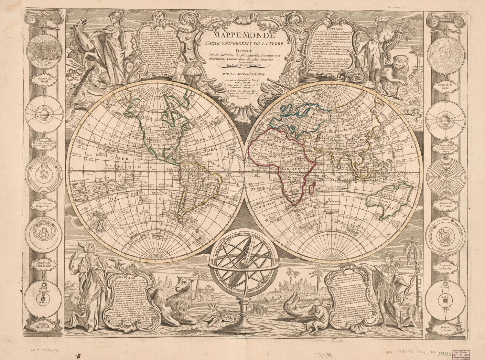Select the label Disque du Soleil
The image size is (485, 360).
[x=46, y=80]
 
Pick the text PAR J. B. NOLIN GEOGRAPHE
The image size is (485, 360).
[x=242, y=75]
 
